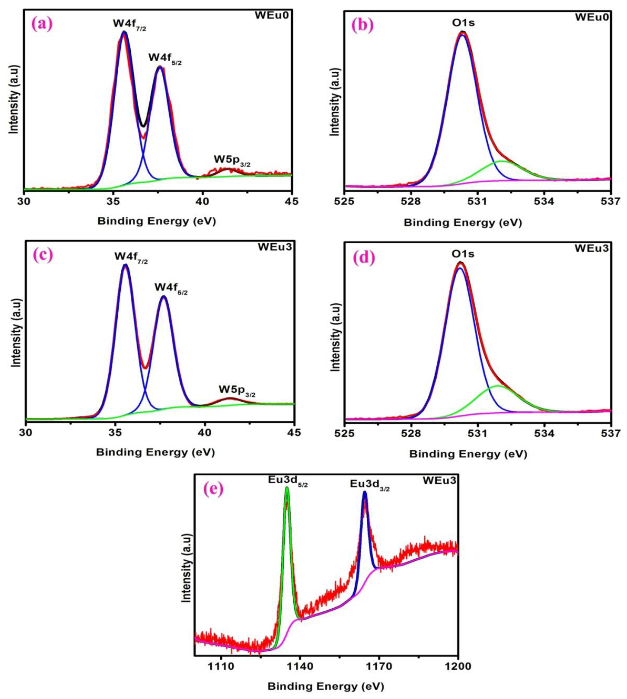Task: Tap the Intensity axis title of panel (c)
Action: tap(16, 333)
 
